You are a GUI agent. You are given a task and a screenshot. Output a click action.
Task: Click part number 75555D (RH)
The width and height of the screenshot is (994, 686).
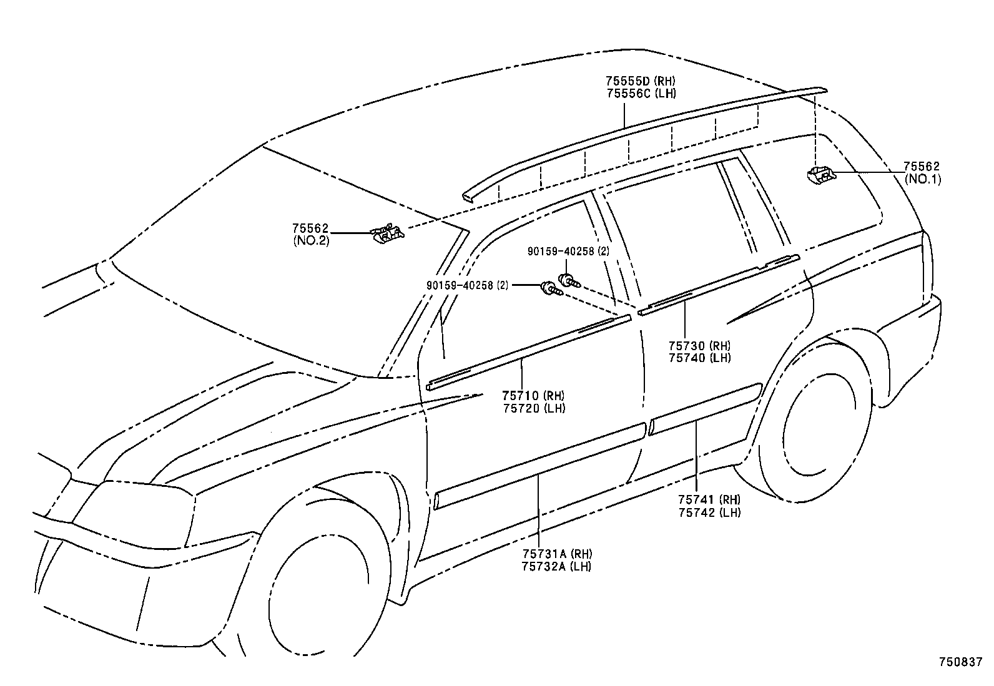coord(640,81)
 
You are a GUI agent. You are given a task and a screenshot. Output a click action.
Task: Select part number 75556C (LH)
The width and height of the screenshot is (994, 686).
coord(640,94)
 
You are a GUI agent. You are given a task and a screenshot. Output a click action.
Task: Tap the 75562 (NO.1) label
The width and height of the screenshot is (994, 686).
coord(922,173)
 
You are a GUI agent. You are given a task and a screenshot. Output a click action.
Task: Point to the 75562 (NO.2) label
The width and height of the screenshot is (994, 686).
coord(310,235)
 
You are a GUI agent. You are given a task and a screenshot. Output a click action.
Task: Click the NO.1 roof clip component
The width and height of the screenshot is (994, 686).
coord(820,175)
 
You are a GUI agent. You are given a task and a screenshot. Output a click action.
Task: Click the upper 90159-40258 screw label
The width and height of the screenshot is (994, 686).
coord(568,251)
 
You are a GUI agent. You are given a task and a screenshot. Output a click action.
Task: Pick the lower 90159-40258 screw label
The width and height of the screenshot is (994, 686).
coord(468,285)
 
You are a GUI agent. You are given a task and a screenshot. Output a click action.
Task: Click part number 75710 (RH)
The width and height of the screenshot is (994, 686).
coord(533,395)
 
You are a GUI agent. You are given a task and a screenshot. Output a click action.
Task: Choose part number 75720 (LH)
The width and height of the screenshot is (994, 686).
coord(533,408)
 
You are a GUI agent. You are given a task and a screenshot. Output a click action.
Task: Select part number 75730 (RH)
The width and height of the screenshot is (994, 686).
coord(699,345)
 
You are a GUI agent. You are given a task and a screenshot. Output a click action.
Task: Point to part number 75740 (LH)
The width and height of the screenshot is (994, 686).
coord(699,358)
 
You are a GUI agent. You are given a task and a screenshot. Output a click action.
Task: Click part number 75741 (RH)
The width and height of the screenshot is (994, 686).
coord(709,499)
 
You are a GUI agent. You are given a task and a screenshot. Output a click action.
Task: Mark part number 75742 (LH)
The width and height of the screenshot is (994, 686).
coord(709,512)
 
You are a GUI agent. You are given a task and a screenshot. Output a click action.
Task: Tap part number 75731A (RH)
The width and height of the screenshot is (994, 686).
coord(557,554)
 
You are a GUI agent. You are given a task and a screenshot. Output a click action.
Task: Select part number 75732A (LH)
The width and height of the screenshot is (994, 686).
coord(557,567)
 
